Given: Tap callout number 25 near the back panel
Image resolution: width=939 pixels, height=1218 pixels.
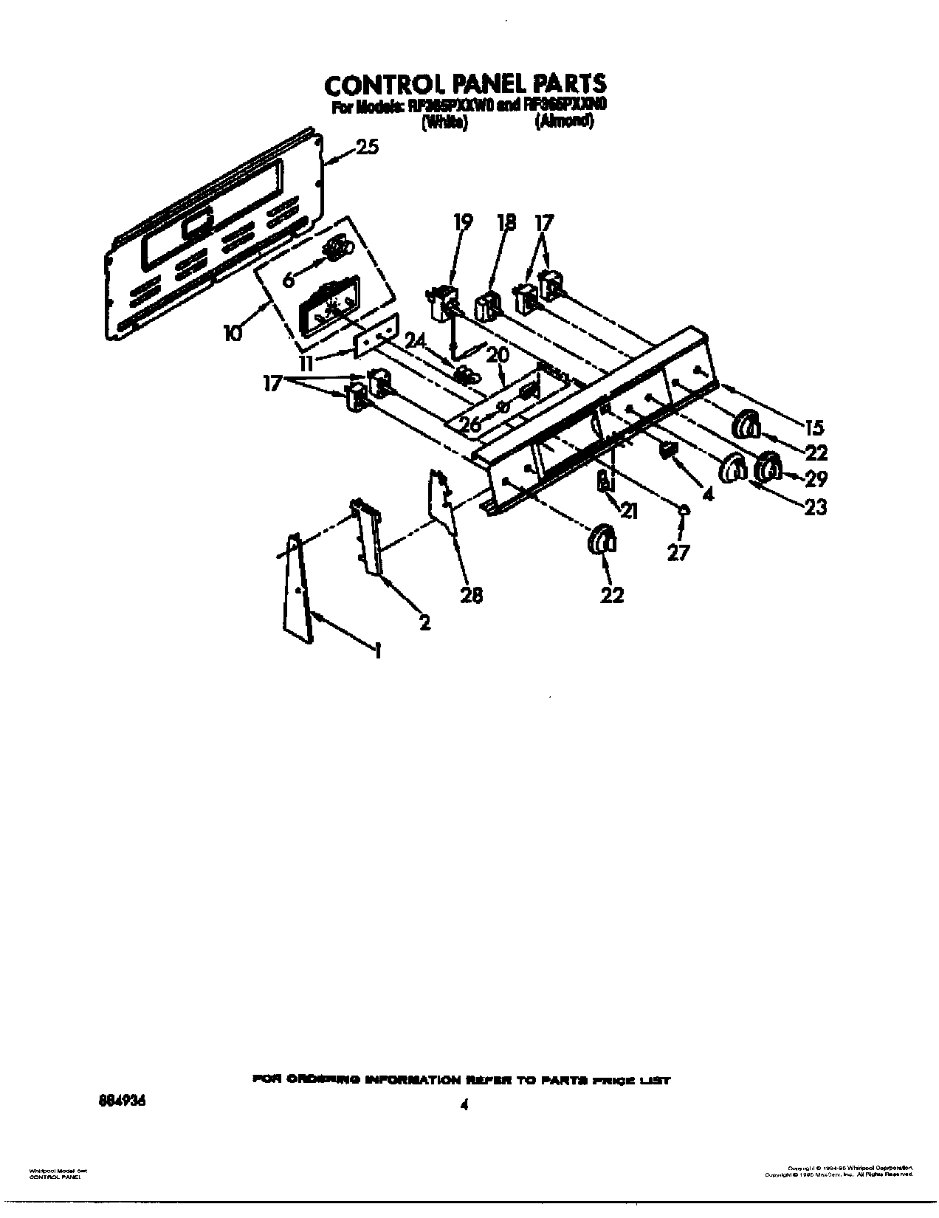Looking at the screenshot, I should coord(368,147).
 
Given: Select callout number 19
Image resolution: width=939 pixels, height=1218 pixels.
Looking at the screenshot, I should coord(463,222).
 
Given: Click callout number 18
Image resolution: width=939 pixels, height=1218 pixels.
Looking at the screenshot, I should coord(506,222).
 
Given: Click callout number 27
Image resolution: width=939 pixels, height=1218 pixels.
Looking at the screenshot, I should coord(678,551).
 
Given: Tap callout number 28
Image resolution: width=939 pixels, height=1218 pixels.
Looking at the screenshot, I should coord(471,593).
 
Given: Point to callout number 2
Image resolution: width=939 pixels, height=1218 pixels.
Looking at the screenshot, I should coord(424,622).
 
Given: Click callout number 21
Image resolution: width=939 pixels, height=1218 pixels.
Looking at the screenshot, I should coord(628,509).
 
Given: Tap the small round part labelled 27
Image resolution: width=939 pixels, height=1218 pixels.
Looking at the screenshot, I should coord(684,509).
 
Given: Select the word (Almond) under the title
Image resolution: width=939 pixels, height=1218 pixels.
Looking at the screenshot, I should coord(564,123).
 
